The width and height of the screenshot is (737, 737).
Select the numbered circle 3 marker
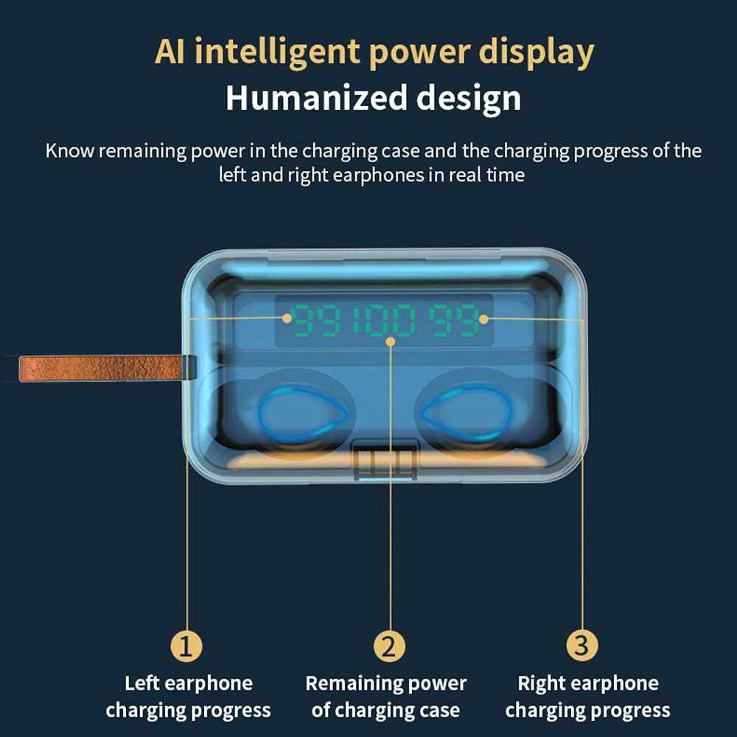pos(582,646)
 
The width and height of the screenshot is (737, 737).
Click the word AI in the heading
pos(170,52)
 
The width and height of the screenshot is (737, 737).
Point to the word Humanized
pos(316,98)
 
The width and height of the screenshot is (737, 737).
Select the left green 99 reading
pos(316,321)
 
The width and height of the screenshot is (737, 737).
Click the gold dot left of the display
pos(287,318)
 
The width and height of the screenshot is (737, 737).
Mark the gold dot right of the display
pos(483,320)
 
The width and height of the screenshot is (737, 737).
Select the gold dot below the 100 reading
pos(390,341)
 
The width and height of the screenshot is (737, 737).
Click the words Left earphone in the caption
pos(189,683)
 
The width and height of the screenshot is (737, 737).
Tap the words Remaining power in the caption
pos(386,684)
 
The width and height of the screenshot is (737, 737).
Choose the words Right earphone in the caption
pos(588,684)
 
